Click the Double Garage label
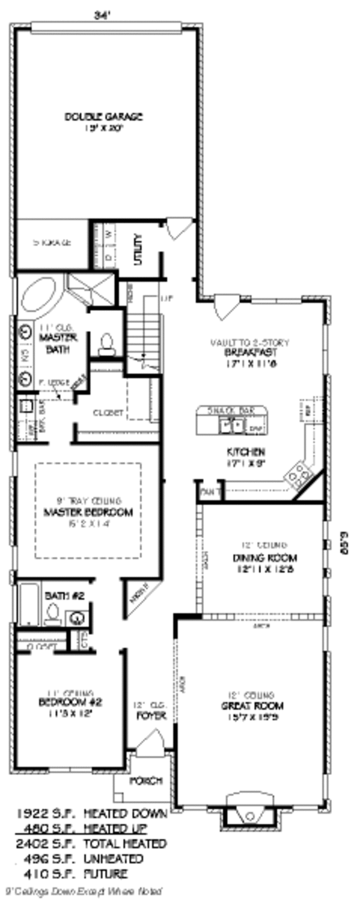tap(104, 116)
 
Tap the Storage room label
tap(52, 243)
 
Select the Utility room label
tap(138, 250)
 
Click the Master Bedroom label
tap(88, 513)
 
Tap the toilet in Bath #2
tap(53, 613)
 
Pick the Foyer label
tap(147, 716)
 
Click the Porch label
tap(146, 780)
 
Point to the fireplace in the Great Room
tap(249, 815)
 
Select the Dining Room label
tap(264, 558)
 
